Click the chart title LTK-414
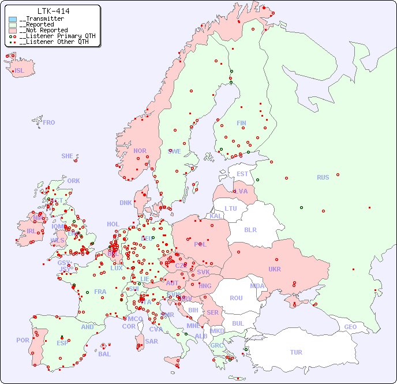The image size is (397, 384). (x=53, y=11)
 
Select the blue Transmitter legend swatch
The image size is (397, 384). (x=13, y=19)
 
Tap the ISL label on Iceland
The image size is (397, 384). (x=20, y=71)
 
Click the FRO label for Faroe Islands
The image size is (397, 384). (x=49, y=122)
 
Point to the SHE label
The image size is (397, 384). (x=68, y=156)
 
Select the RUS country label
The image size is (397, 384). (x=323, y=177)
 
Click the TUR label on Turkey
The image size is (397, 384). (x=296, y=352)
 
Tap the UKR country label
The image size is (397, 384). (x=275, y=269)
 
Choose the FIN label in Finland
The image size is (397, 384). (x=241, y=123)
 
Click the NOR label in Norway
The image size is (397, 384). (x=140, y=151)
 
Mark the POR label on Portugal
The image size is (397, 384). (x=23, y=340)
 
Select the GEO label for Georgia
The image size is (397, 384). (x=350, y=327)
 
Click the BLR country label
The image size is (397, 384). (x=250, y=229)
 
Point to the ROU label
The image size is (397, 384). (x=236, y=298)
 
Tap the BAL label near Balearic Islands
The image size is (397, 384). (x=104, y=354)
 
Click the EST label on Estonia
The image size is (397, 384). (x=242, y=174)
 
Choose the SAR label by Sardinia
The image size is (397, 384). (x=151, y=341)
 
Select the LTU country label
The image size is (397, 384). (x=231, y=208)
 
